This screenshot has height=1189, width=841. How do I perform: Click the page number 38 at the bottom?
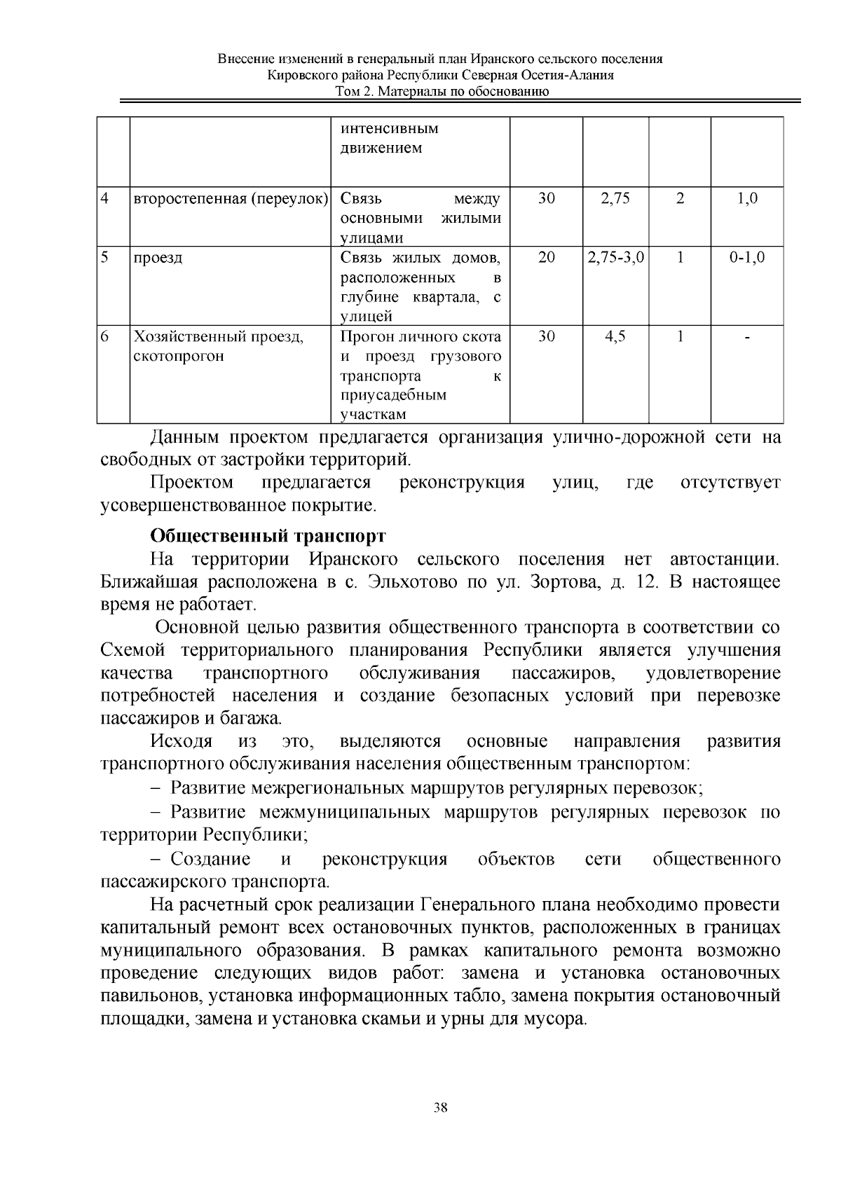coord(441,1108)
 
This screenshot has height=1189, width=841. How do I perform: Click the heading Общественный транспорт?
coord(268,536)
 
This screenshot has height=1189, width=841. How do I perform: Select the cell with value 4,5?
coord(615,337)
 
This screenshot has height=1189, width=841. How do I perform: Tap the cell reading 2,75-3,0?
coord(615,258)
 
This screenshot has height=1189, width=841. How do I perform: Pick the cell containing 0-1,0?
coord(746,258)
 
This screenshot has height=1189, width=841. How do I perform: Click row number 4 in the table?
coord(105,198)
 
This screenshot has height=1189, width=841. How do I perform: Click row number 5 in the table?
coord(105,258)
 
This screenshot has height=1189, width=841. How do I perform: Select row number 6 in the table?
coord(105,337)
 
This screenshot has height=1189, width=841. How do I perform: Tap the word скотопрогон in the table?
coord(179,356)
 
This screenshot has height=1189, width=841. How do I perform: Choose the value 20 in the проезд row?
coord(546,258)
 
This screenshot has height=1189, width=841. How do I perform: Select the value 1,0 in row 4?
coord(747,198)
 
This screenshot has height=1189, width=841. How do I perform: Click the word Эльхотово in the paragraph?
coord(409,582)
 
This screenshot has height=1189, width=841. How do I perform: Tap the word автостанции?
coord(724,559)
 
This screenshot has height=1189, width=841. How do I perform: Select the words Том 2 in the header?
coord(351,92)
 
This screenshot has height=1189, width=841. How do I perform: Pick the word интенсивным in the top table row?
coord(389,129)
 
